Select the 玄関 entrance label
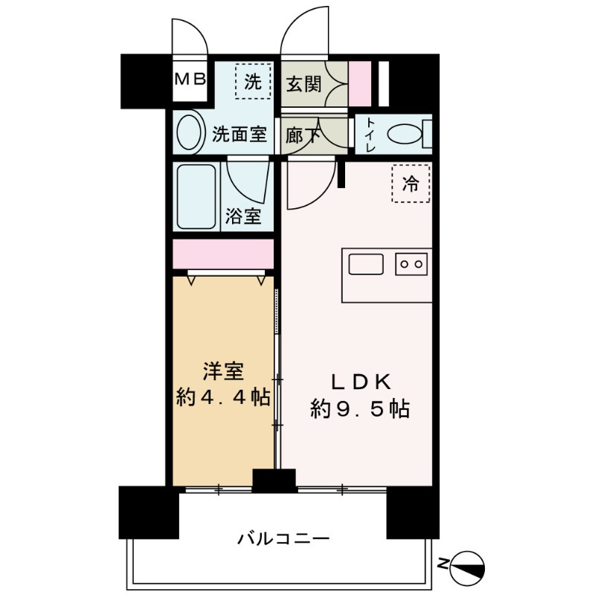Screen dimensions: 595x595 tap(303, 84)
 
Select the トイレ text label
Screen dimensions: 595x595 tap(370, 135)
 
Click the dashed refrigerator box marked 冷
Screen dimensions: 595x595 tap(411, 183)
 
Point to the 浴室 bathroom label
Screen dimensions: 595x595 tap(243, 217)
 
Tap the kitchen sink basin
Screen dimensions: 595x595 tap(365, 264)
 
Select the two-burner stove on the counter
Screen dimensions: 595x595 tap(412, 263)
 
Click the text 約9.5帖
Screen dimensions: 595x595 tap(359, 408)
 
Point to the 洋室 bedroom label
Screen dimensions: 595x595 tap(223, 370)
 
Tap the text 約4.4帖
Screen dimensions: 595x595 tap(222, 397)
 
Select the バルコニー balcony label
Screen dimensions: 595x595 tap(283, 537)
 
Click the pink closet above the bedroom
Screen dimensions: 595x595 tap(222, 254)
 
